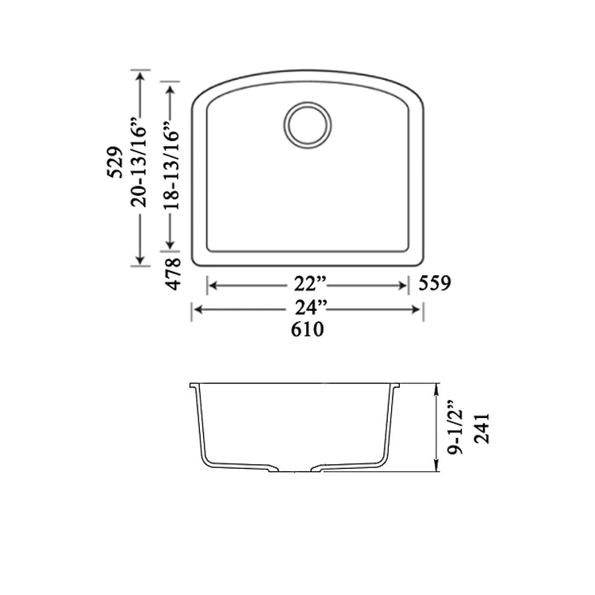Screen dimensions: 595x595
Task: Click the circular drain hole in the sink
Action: pyautogui.click(x=305, y=125)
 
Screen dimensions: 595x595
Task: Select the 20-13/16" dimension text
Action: pyautogui.click(x=140, y=163)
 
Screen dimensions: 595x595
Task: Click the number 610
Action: pyautogui.click(x=307, y=329)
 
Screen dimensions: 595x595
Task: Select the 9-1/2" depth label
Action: pyautogui.click(x=455, y=428)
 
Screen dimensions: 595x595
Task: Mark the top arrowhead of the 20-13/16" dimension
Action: pyautogui.click(x=140, y=75)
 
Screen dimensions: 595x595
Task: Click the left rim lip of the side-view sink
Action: pyautogui.click(x=194, y=388)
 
